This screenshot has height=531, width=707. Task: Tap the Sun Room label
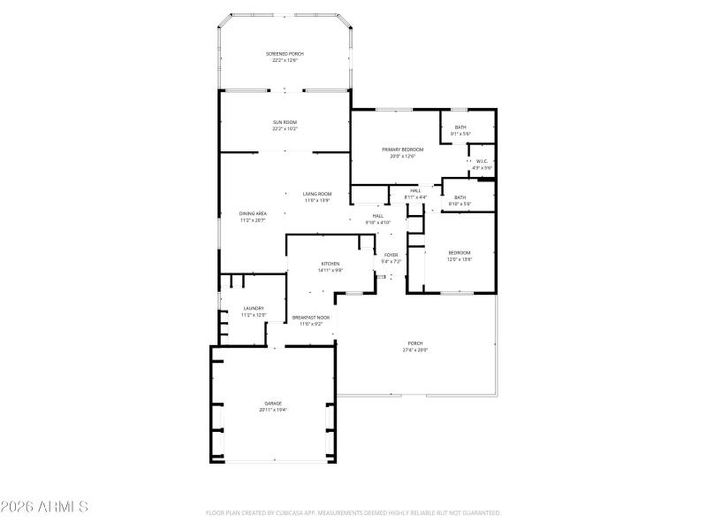pyautogui.click(x=285, y=125)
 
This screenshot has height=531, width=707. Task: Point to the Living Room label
pyautogui.click(x=316, y=196)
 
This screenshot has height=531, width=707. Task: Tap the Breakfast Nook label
pyautogui.click(x=311, y=319)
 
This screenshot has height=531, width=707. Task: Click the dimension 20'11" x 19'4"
pyautogui.click(x=273, y=410)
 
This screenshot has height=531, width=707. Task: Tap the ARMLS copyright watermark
pyautogui.click(x=44, y=507)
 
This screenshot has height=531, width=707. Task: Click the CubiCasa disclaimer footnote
pyautogui.click(x=353, y=512)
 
